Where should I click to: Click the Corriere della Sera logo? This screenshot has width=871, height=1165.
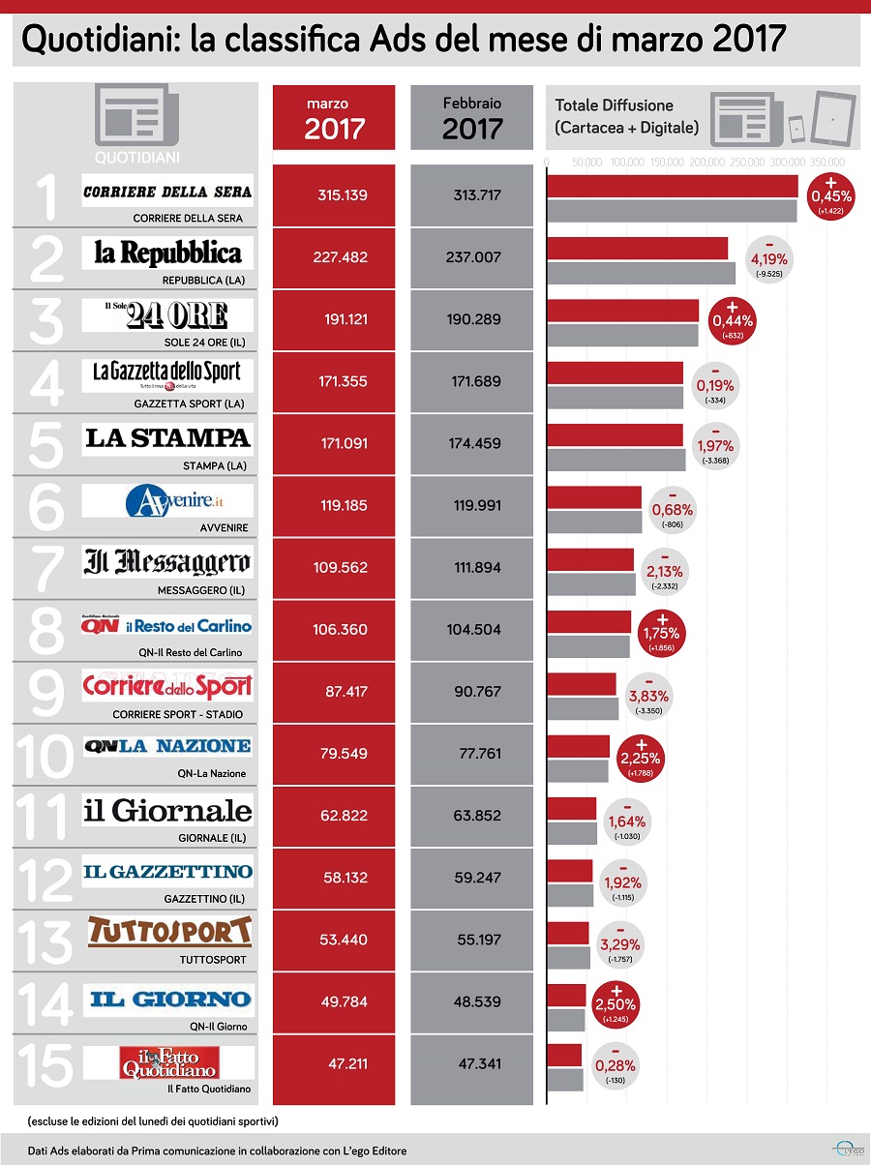167,192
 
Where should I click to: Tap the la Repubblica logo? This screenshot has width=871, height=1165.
167,254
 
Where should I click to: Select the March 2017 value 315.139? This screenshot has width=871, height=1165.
335,195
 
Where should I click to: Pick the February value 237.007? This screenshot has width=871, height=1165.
471,258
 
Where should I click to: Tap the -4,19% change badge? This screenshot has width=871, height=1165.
769,258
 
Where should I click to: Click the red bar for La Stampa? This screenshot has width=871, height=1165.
616,435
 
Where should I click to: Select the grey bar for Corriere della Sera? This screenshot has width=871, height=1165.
673,211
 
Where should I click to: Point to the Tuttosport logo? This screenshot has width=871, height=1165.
169,932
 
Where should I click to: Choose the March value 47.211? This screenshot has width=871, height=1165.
335,1063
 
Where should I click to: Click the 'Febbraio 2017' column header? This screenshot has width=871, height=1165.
472,117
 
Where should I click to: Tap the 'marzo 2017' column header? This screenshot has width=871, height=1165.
335,117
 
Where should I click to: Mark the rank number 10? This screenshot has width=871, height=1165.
45,756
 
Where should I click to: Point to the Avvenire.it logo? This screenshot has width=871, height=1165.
167,500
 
